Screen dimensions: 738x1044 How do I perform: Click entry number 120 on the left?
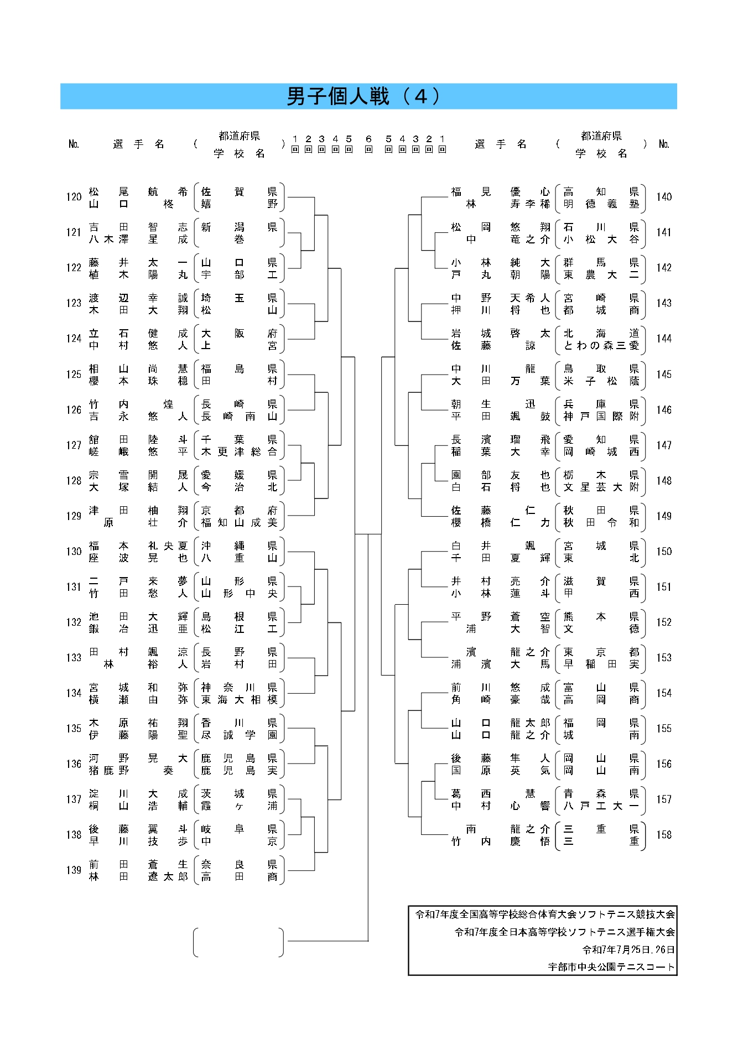click(74, 197)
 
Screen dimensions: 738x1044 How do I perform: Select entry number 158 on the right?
click(664, 834)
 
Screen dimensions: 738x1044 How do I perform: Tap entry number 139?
click(74, 870)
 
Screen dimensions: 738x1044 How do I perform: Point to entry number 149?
click(664, 516)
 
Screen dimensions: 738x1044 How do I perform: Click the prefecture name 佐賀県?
click(239, 191)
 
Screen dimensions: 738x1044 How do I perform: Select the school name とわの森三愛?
click(601, 345)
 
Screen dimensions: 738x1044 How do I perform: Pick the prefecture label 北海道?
click(601, 333)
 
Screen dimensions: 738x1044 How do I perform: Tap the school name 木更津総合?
click(239, 451)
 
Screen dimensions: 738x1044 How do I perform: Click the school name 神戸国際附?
click(601, 416)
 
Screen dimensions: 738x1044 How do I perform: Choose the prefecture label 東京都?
click(601, 652)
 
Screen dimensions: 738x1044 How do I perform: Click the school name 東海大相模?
click(239, 699)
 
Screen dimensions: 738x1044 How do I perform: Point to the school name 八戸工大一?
click(601, 806)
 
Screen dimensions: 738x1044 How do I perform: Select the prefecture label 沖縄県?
click(239, 546)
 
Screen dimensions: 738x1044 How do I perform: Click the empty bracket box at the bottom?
click(238, 942)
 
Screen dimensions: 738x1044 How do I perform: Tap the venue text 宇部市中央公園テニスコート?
click(611, 967)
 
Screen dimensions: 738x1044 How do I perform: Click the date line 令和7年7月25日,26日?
click(628, 949)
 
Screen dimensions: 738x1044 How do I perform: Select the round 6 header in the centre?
click(368, 144)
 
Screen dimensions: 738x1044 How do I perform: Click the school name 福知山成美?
click(239, 522)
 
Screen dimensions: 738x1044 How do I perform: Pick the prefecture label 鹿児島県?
click(239, 758)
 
